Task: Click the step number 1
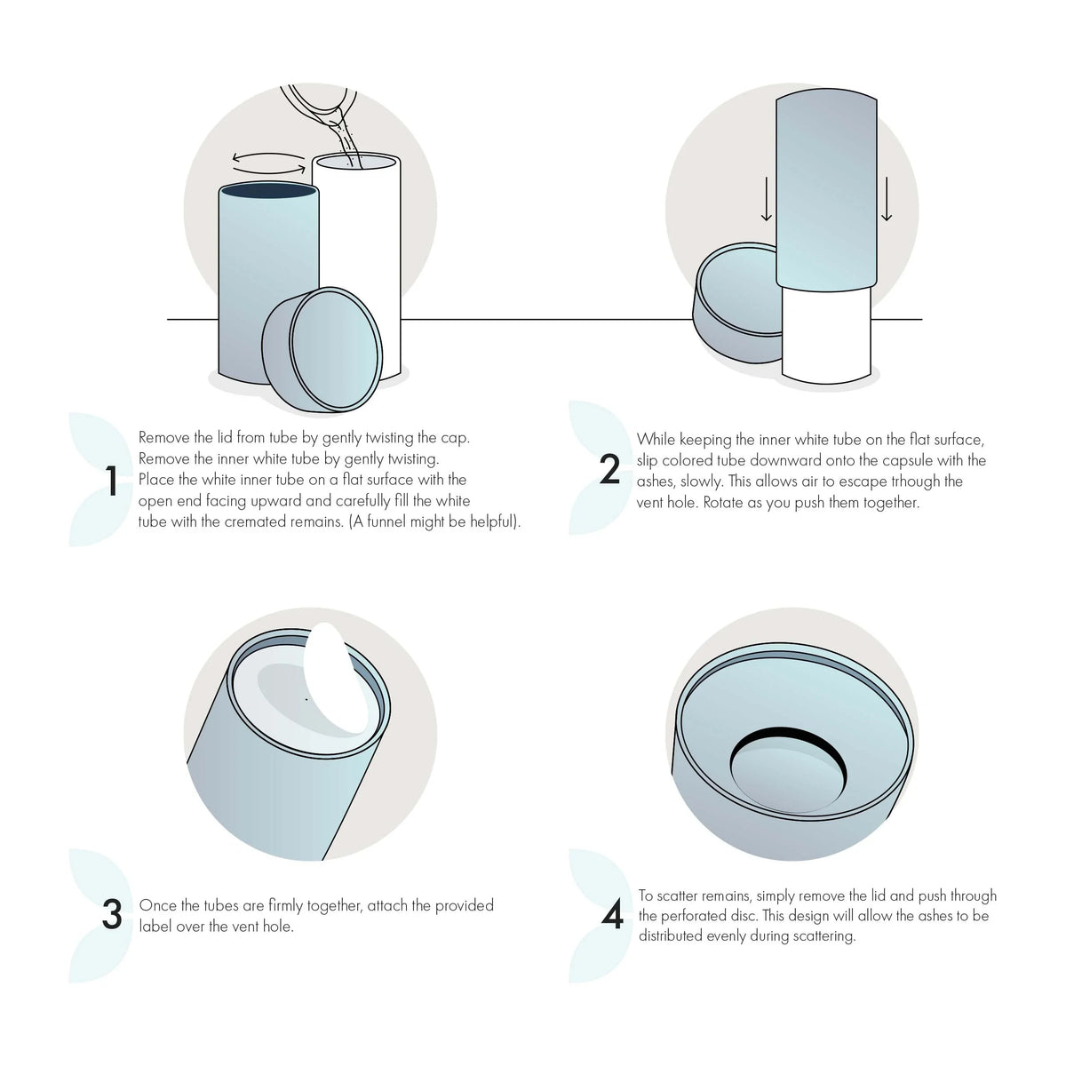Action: (x=111, y=481)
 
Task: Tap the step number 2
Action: (x=609, y=470)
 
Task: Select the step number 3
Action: (x=112, y=915)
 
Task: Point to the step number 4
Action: (x=613, y=916)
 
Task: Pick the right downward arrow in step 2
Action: (x=886, y=199)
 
